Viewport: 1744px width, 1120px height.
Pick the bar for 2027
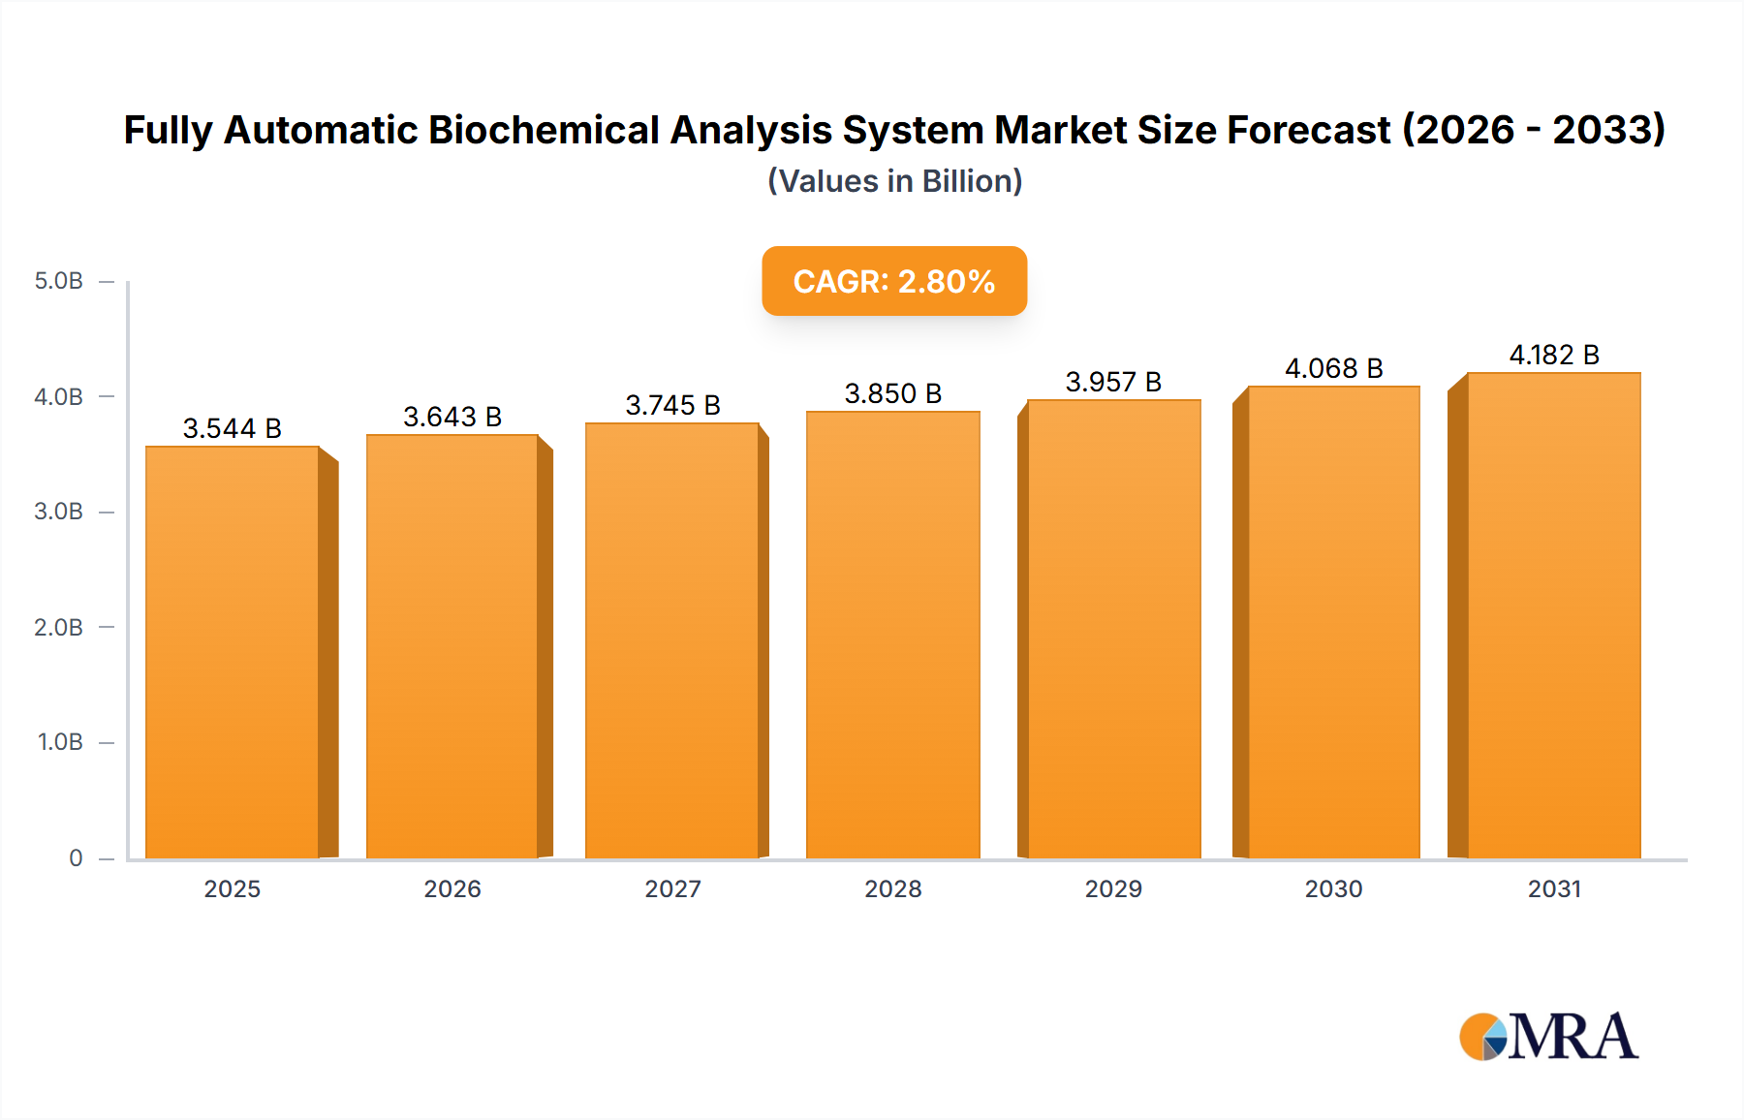click(x=671, y=640)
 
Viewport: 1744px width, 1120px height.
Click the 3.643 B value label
click(x=452, y=417)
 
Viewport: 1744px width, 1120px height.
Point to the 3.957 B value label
click(x=1113, y=382)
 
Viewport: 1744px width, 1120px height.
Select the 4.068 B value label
click(x=1333, y=368)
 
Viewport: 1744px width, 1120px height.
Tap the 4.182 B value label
click(x=1553, y=355)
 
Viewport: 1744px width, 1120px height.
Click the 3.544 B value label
click(x=233, y=428)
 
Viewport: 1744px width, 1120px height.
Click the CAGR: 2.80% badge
click(x=894, y=281)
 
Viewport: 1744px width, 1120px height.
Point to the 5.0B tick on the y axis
click(x=59, y=281)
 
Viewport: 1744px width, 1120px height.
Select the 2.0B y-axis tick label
click(x=59, y=627)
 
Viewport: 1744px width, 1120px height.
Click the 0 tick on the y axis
click(x=76, y=857)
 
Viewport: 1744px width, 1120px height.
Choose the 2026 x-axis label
click(x=452, y=888)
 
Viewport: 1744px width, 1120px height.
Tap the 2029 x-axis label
click(x=1113, y=888)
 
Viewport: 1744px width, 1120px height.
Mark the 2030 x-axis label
click(x=1333, y=888)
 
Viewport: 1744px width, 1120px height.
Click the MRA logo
click(x=1548, y=1037)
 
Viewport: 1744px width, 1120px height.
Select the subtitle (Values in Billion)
click(x=894, y=181)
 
